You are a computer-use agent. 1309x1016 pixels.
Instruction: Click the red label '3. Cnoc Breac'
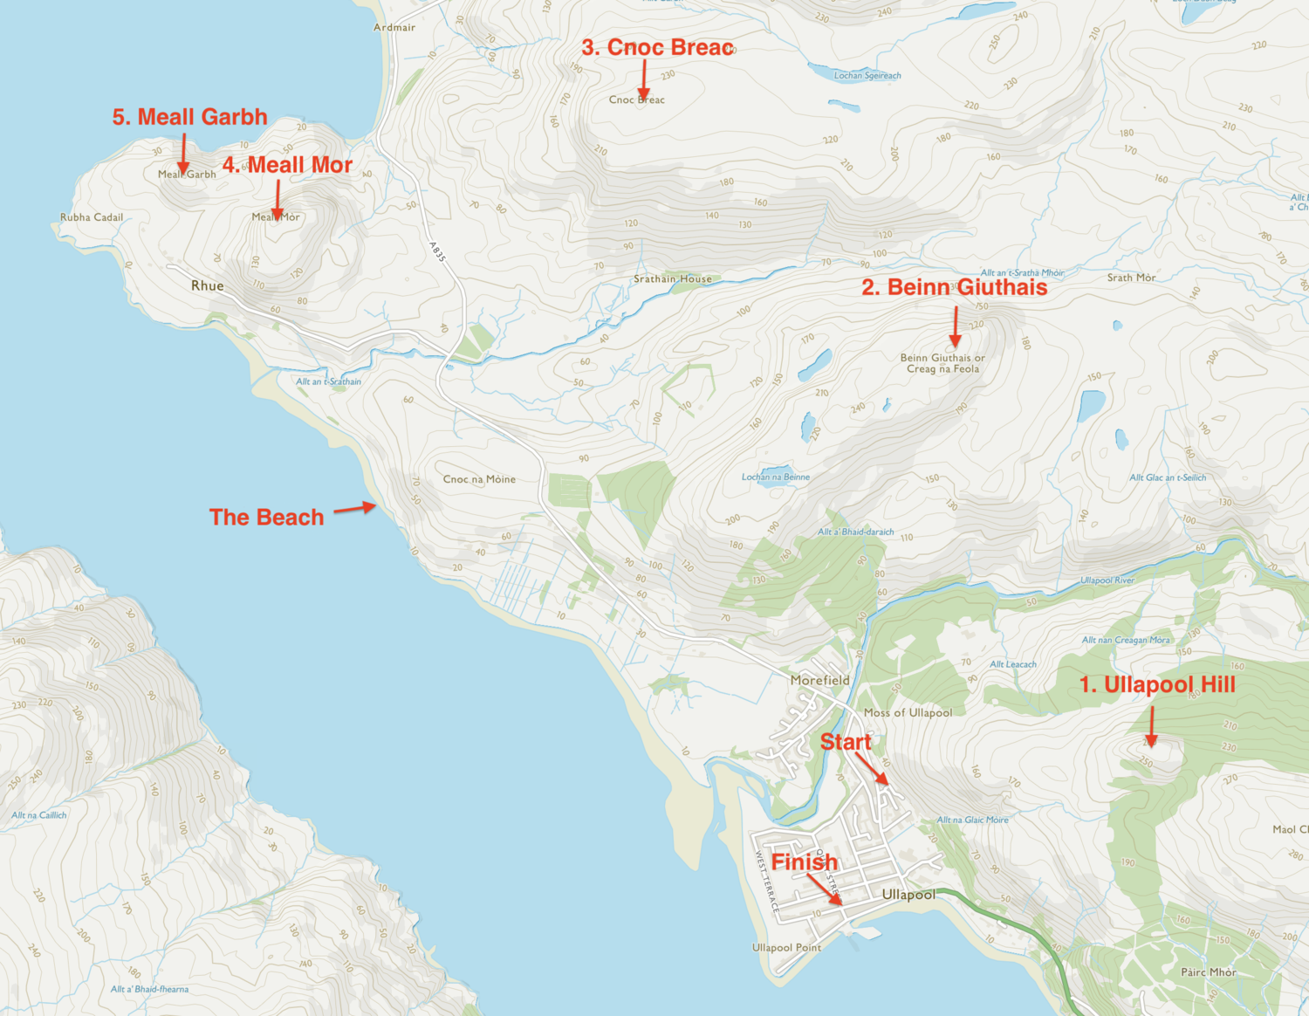coord(657,48)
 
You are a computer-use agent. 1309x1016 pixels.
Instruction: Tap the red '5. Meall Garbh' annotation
coord(189,117)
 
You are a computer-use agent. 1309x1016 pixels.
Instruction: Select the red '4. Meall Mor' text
coord(287,165)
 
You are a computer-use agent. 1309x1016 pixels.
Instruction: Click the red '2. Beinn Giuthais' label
coord(954,287)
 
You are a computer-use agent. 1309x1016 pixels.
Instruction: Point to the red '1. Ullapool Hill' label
coord(1157,685)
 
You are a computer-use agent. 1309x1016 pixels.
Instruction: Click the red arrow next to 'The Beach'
coord(355,508)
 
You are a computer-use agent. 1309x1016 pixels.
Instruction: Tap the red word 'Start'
coord(845,743)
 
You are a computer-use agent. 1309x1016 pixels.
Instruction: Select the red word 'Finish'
coord(804,862)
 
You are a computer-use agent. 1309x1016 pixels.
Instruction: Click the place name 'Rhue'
coord(208,285)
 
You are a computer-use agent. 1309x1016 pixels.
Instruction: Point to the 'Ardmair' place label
coord(394,27)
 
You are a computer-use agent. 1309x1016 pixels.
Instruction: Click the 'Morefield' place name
coord(819,680)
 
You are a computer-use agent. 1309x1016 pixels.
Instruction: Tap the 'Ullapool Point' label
coord(786,947)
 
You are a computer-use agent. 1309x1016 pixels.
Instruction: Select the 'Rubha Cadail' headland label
coord(92,217)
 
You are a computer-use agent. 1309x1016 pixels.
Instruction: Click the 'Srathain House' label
coord(672,279)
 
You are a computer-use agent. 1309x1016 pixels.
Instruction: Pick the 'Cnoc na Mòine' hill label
coord(479,479)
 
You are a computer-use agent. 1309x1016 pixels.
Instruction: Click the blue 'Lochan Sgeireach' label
coord(867,76)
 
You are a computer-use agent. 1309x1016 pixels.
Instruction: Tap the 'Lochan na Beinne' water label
coord(775,477)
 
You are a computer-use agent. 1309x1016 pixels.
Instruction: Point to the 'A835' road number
coord(438,252)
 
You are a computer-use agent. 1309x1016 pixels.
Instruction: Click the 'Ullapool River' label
coord(1107,580)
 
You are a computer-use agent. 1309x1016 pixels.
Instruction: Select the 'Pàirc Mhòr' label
coord(1208,971)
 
